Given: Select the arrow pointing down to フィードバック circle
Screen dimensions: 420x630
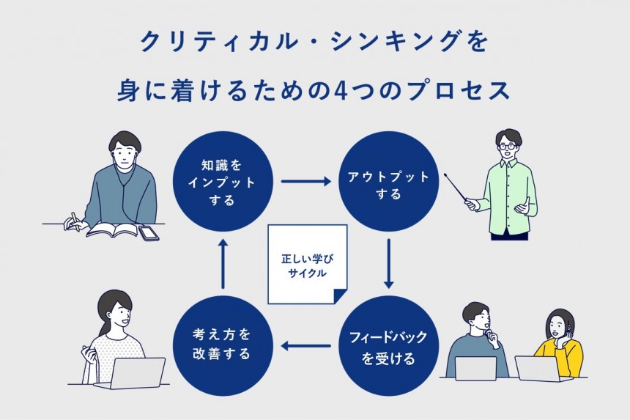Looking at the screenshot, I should click(x=389, y=264).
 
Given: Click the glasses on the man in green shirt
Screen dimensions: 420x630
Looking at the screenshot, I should click(x=507, y=147).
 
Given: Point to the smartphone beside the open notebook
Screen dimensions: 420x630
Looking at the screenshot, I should click(x=149, y=233).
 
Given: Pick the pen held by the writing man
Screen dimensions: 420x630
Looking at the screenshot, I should click(x=73, y=219).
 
